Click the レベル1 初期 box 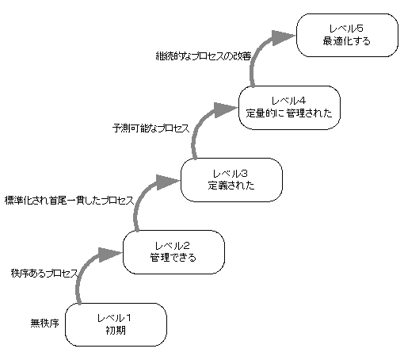[116, 324]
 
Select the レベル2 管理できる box [173, 252]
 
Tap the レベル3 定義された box [231, 180]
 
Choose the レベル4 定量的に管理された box [289, 108]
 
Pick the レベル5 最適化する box [347, 35]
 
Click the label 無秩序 [44, 324]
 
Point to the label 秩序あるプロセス [44, 273]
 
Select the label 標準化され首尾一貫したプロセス [70, 201]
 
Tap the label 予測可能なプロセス [151, 128]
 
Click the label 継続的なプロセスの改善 [204, 56]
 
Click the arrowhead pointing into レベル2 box [109, 255]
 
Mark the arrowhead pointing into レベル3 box [167, 182]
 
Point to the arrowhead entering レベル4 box [225, 110]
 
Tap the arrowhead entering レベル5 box [283, 38]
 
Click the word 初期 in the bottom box [116, 331]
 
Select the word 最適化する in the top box [347, 41]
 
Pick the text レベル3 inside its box [231, 174]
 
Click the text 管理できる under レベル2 [173, 258]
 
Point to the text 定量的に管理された [289, 113]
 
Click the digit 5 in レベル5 [360, 29]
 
